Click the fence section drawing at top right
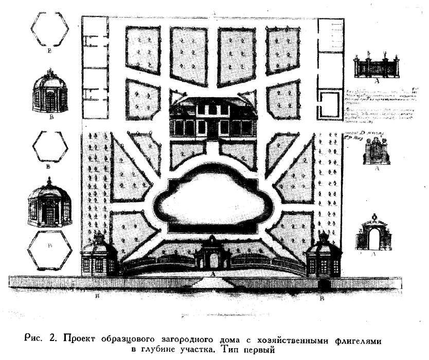[374, 67]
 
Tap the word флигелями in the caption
[360, 338]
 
